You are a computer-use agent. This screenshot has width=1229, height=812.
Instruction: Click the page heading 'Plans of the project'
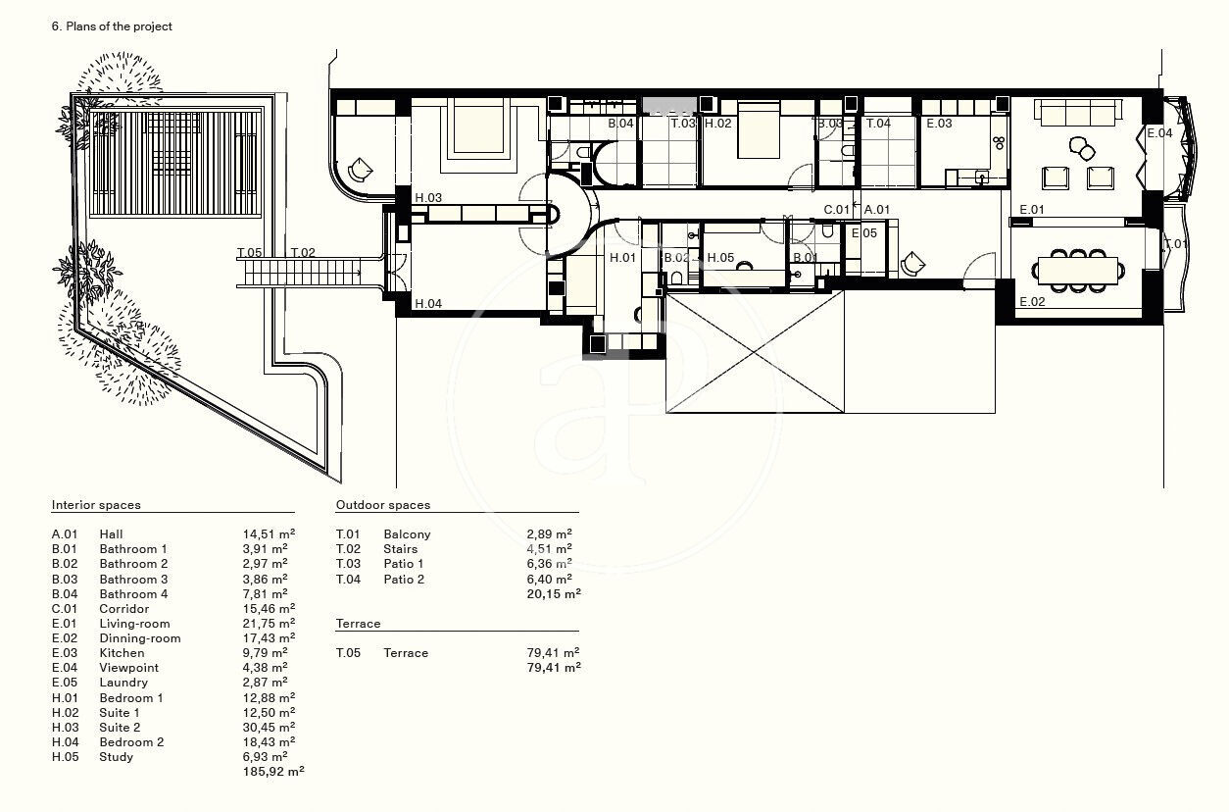119,26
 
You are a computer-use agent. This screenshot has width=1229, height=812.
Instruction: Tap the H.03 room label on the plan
428,198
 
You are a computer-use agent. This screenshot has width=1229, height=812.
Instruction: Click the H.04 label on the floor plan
428,303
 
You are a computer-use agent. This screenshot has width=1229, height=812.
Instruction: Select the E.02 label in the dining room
1032,301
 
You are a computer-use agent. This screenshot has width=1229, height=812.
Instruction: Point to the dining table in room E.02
1078,271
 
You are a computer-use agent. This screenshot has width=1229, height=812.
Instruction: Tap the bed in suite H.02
759,130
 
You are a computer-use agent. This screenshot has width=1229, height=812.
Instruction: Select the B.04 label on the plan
620,124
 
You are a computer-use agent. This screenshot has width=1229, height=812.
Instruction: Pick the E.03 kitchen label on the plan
939,124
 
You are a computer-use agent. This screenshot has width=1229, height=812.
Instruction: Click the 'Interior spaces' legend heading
96,505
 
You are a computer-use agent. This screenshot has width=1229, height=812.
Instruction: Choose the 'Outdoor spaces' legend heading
383,505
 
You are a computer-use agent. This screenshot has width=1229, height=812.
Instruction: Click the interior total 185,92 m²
273,772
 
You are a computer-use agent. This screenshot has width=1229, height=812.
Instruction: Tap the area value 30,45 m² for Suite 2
269,727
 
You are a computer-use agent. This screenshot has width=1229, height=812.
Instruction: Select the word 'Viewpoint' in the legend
129,668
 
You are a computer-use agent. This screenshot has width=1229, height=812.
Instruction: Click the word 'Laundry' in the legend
123,683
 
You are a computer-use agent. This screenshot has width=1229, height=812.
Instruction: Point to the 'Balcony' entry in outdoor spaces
407,534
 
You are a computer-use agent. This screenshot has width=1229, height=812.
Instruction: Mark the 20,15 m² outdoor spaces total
554,593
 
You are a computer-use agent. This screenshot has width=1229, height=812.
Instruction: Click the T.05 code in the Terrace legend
348,653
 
